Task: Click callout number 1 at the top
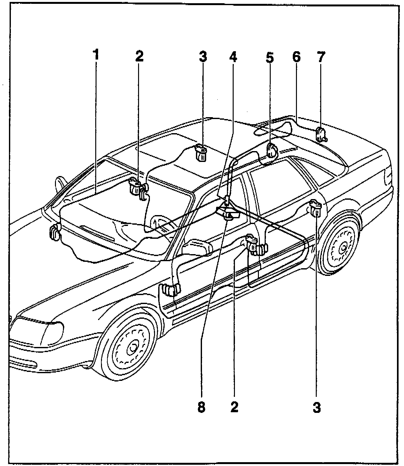pos(96,55)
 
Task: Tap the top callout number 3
pos(203,57)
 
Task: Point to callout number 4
pos(233,57)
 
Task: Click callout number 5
pos(269,57)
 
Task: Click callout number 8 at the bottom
pos(201,407)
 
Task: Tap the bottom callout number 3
pos(316,407)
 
